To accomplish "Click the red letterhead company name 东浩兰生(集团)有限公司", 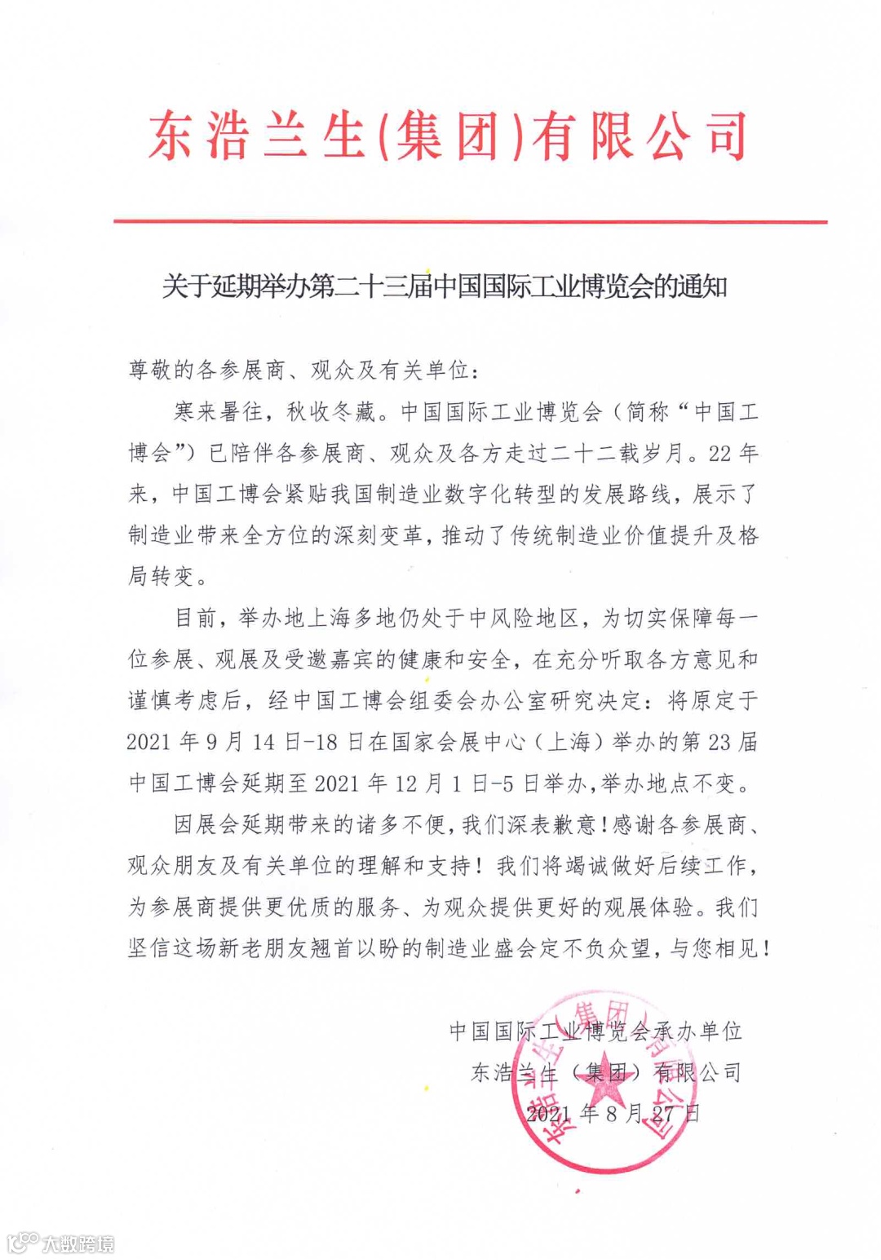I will [x=447, y=135].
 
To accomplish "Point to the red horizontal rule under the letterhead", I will [x=470, y=221].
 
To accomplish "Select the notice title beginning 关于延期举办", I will [x=444, y=287].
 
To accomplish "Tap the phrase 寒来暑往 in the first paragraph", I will [x=218, y=411].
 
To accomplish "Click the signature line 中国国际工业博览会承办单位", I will [x=595, y=1031].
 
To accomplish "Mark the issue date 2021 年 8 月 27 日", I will [x=613, y=1113].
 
